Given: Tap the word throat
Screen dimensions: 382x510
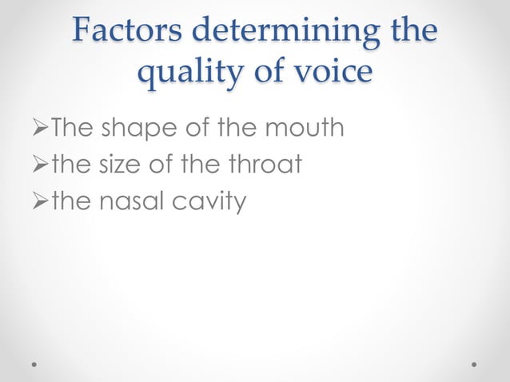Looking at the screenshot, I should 264,165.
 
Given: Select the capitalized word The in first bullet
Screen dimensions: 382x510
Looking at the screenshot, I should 75,127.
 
